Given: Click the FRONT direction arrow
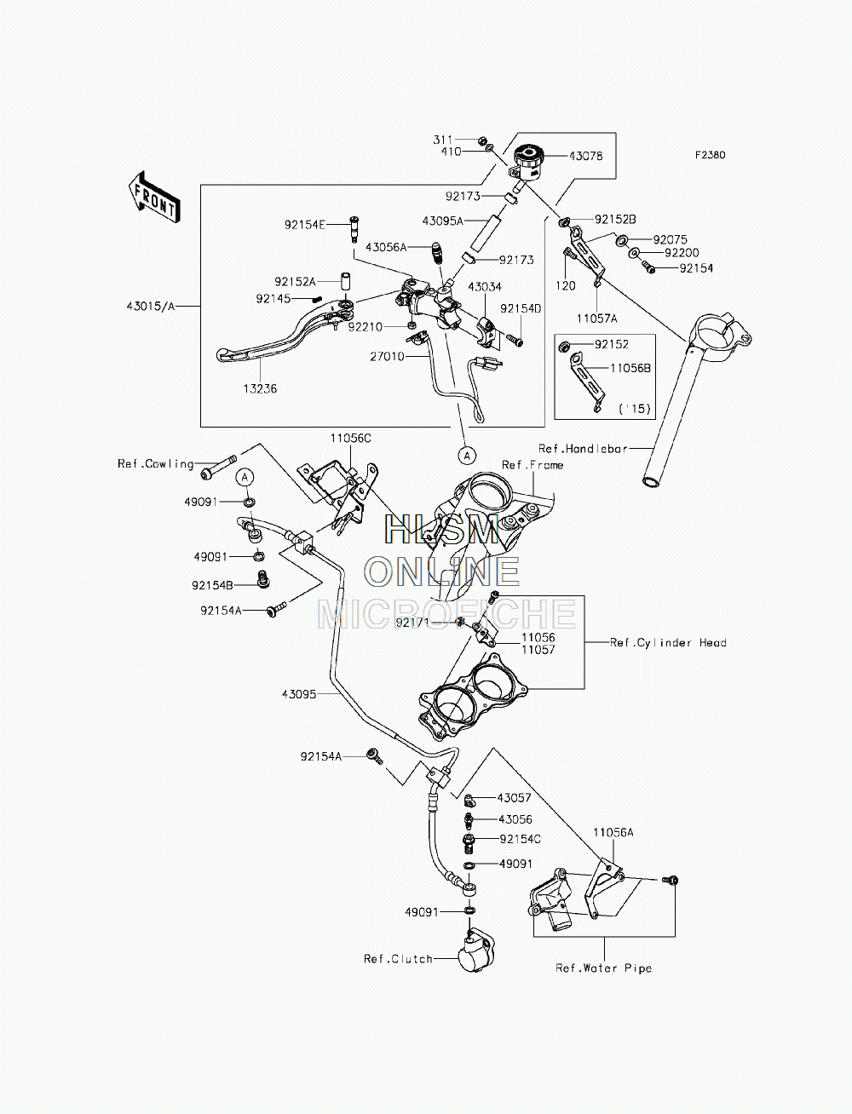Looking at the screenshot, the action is pos(154,197).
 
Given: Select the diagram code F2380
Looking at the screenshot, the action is pos(710,155).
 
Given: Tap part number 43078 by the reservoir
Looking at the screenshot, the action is pos(585,157).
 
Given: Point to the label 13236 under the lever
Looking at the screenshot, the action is pos(260,388).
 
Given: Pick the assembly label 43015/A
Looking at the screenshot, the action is pos(151,306).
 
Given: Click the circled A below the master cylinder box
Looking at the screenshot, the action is pos(467,455).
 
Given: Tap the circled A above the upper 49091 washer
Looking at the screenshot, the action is pos(245,478).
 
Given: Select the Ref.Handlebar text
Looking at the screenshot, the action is pos(583,448).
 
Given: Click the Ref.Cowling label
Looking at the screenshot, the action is pos(156,463).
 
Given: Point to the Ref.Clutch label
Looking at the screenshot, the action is pos(398,959).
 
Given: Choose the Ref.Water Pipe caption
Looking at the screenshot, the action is pos(604,968).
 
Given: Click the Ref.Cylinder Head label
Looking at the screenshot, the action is pos(668,642).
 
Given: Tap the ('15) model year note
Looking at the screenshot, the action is pos(635,409).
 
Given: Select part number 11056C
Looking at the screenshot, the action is pos(350,438).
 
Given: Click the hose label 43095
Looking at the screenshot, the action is pos(299,694).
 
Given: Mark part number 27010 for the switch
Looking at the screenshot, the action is pos(387,356).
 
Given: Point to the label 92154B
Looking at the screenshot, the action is pos(212,585).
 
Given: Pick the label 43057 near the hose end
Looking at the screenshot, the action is pos(514,797).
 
